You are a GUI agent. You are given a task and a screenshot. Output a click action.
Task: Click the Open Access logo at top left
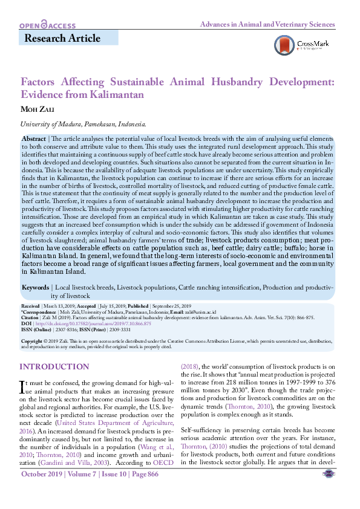[x=47, y=25]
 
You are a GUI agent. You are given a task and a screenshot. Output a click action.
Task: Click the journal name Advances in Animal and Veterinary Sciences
[x=267, y=25]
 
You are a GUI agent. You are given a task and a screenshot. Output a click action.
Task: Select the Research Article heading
[x=62, y=39]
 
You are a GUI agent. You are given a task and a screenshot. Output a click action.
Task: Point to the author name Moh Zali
[x=38, y=109]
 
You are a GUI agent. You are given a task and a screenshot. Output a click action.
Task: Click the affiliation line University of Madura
[x=83, y=124]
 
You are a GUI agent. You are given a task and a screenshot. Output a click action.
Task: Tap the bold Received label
[x=30, y=306]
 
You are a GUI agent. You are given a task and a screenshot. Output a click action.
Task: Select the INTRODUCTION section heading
[x=54, y=367]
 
